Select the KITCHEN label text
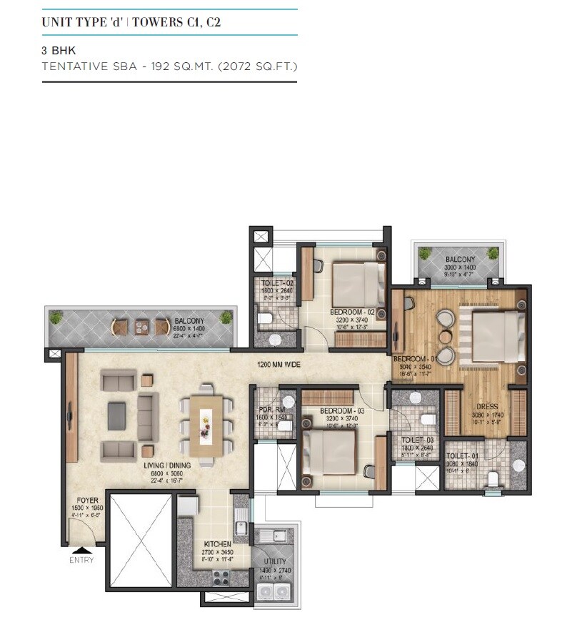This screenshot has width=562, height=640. (x=217, y=543)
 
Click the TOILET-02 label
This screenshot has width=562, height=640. (x=277, y=283)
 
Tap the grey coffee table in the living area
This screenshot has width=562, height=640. (x=116, y=415)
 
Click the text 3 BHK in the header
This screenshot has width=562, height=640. (x=59, y=51)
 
